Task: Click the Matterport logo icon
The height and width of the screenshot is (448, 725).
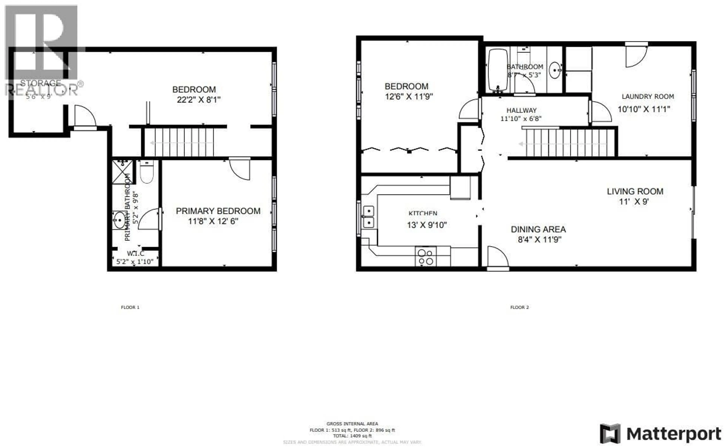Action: pos(610,433)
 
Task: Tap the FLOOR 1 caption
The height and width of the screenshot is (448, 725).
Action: pos(130,307)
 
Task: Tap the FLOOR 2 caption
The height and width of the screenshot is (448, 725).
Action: pos(519,307)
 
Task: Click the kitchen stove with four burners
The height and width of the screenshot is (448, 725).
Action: pos(426,257)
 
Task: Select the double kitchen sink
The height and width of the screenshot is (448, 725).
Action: pos(368,217)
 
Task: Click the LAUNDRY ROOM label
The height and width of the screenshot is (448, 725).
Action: pos(648,97)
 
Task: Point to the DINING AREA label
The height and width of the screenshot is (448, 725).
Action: pos(538,229)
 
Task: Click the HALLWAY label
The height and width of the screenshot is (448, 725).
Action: pos(521,110)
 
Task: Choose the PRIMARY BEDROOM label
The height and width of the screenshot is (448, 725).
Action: pos(218,211)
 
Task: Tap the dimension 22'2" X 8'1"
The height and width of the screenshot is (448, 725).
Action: pos(199,100)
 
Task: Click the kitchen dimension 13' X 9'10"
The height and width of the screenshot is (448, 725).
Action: pos(427,225)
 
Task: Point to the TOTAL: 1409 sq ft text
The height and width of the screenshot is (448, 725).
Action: pos(352,436)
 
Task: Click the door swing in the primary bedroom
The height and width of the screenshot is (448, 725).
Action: pos(240,170)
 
